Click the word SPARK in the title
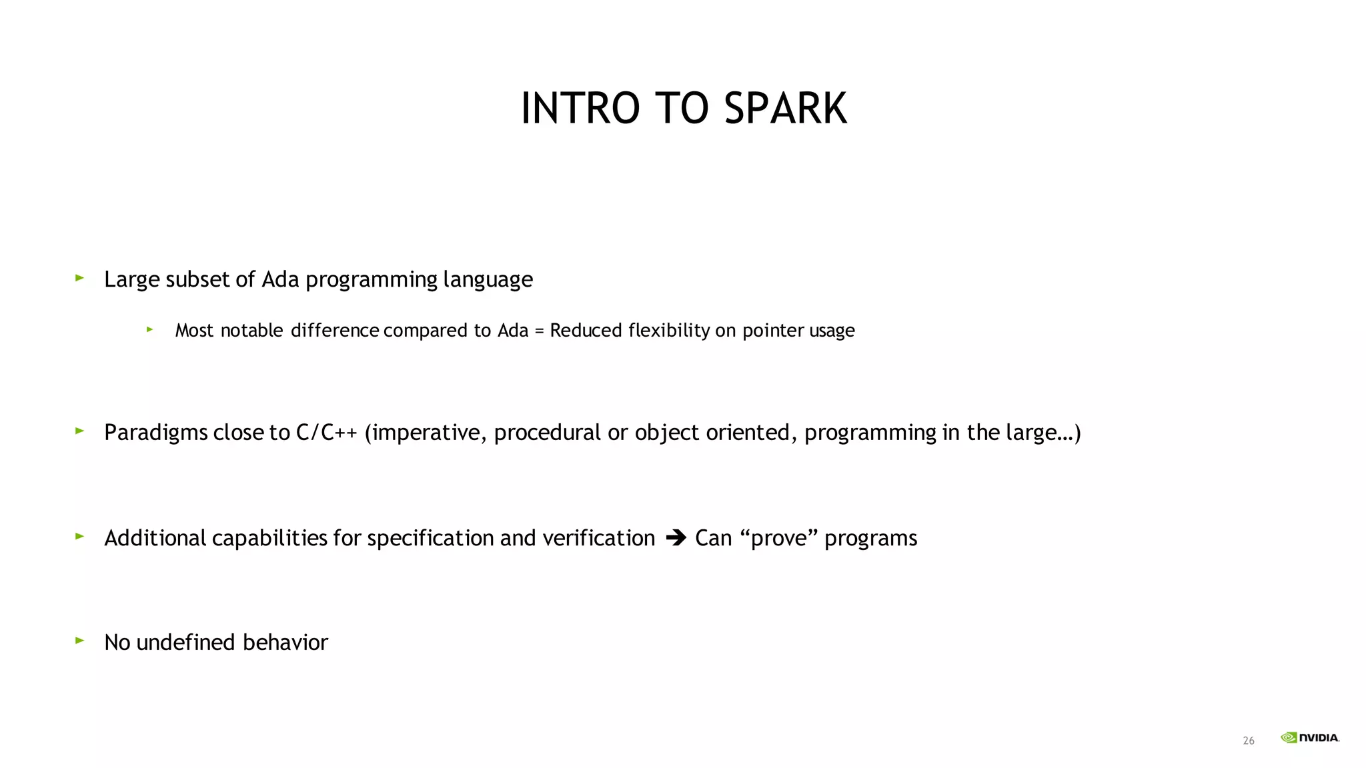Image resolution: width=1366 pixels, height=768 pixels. [785, 108]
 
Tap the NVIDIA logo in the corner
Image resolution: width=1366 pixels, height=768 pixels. [1309, 737]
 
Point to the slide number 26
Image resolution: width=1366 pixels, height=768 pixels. [1249, 741]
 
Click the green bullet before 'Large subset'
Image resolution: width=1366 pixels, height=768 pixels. [80, 277]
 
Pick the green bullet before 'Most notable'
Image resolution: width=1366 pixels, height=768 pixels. [150, 329]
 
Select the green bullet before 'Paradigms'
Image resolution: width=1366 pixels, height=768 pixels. [80, 431]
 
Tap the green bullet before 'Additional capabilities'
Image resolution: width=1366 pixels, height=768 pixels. [80, 536]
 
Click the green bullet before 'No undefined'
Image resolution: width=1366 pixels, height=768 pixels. [80, 641]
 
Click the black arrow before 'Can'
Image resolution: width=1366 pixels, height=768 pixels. [676, 537]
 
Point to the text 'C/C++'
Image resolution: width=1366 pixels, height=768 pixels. [326, 433]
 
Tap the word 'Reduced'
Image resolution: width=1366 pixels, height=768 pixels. [586, 330]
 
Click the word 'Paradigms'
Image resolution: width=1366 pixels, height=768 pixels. [156, 433]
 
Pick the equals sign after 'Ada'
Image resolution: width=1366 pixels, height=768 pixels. [539, 331]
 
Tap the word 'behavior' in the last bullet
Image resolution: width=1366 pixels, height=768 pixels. [285, 642]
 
